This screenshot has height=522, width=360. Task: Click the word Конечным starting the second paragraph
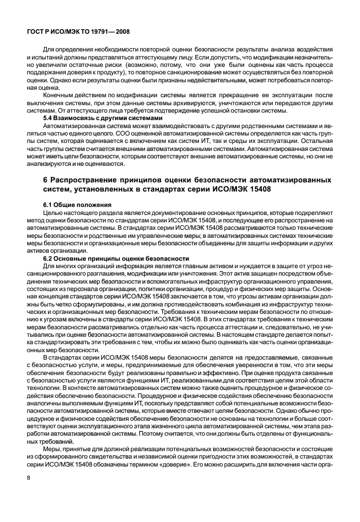(60, 96)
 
